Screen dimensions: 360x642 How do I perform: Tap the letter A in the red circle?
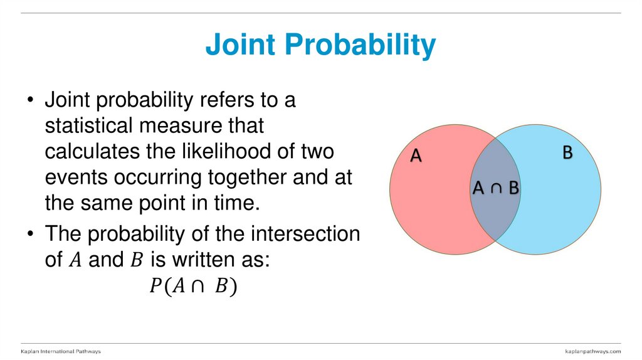click(x=416, y=156)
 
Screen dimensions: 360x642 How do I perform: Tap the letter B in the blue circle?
click(x=567, y=152)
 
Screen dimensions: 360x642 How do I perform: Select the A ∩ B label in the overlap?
click(x=496, y=188)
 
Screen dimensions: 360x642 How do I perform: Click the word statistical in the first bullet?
click(x=88, y=126)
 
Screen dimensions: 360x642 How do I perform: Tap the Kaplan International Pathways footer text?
click(x=61, y=351)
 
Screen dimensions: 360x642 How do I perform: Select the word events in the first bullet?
click(x=76, y=177)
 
